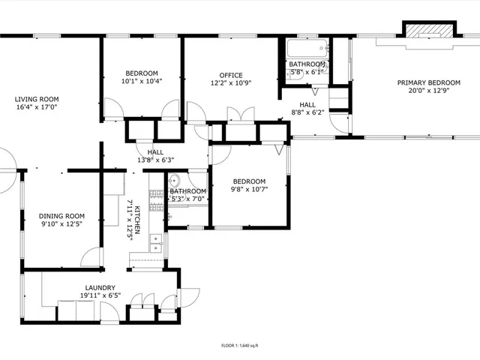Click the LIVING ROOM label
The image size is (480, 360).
click(x=37, y=99)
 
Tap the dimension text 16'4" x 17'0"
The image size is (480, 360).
click(x=37, y=107)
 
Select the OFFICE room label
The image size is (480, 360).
click(x=231, y=75)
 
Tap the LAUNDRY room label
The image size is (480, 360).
click(x=100, y=287)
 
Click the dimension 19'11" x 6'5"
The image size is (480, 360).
click(x=100, y=295)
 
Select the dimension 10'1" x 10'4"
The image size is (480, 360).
click(x=142, y=81)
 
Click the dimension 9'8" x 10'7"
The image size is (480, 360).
click(x=248, y=189)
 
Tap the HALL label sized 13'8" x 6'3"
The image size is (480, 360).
click(x=155, y=151)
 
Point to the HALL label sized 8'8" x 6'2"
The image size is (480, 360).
click(x=307, y=105)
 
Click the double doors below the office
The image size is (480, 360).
click(x=240, y=117)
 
